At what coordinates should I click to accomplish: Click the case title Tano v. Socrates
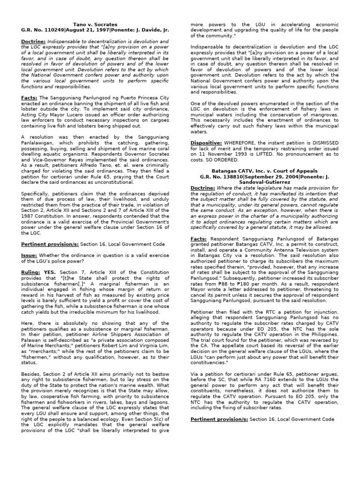point(95,24)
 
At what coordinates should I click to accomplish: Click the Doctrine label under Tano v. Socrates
point(33,42)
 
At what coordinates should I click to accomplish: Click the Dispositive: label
point(206,142)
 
